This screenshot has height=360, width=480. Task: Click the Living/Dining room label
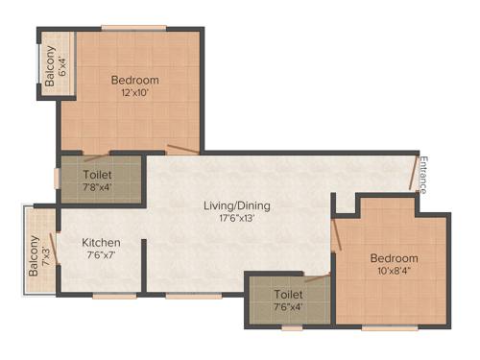coord(236,205)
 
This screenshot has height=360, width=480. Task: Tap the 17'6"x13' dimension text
coord(236,218)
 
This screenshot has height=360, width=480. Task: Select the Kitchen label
coord(101,243)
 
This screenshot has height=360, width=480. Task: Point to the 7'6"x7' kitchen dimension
coord(101,255)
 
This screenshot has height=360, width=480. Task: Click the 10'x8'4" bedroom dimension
coord(394,272)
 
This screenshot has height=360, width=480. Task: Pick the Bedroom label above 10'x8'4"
coord(394,258)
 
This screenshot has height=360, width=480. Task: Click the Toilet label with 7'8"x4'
coord(98,176)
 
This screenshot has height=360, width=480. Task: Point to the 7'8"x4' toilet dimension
coord(98,188)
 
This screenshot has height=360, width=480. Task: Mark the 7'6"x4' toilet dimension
coord(288,307)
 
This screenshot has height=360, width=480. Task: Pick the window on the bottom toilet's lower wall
coord(291,328)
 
